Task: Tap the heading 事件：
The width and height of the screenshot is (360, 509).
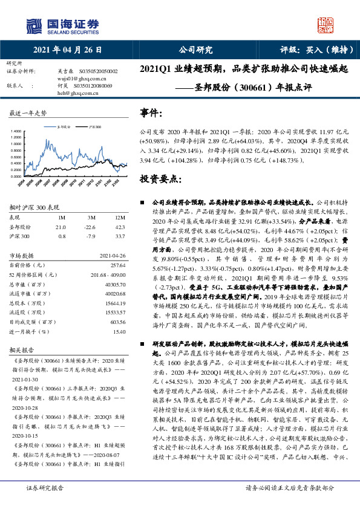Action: click(x=151, y=112)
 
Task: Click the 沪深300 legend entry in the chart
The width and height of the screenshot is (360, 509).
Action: click(x=93, y=128)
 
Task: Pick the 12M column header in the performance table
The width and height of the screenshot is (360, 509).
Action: click(x=120, y=217)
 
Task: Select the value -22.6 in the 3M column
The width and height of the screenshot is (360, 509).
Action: click(x=91, y=227)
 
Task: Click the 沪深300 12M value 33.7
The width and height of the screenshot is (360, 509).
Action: click(x=120, y=236)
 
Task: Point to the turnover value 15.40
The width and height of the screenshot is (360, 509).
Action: click(x=120, y=332)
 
